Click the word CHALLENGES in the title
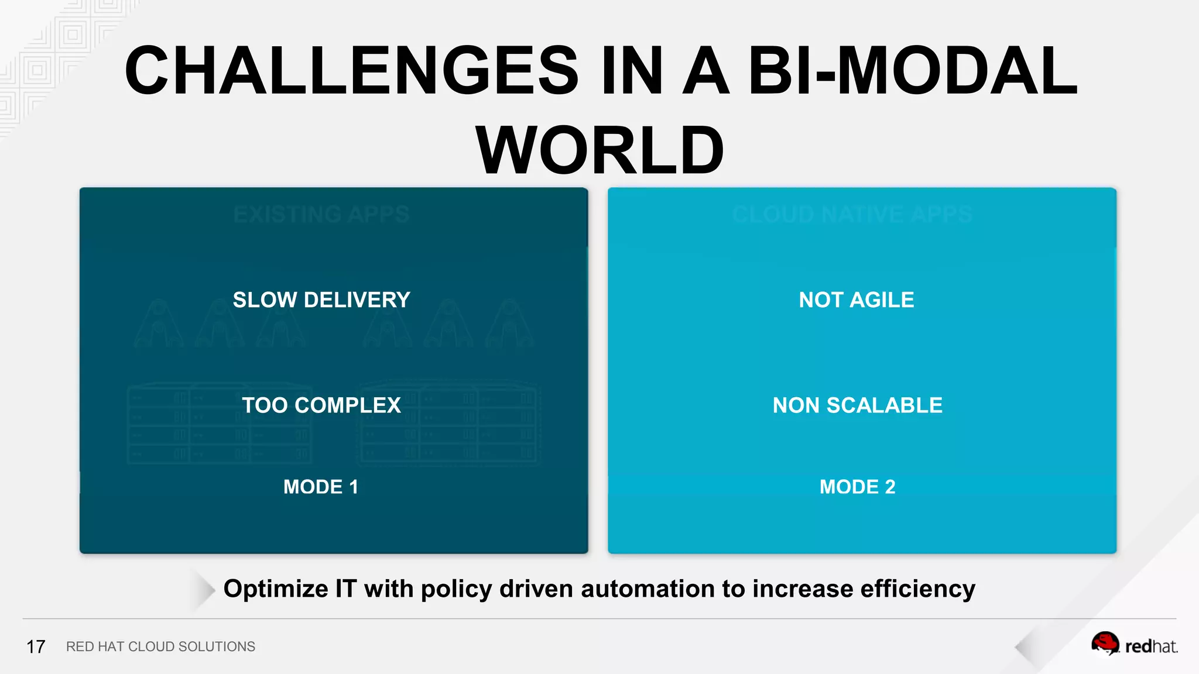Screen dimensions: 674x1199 click(351, 71)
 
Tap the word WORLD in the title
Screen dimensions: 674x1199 click(599, 151)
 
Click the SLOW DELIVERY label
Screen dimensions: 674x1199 click(321, 300)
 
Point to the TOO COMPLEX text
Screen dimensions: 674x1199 click(321, 405)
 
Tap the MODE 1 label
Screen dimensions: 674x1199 click(321, 487)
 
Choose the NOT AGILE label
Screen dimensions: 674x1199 click(857, 300)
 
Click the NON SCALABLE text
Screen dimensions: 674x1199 click(857, 405)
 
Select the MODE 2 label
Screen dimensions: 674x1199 click(857, 487)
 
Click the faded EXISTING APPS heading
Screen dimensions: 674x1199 click(321, 215)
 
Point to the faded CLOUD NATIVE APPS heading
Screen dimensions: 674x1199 click(852, 215)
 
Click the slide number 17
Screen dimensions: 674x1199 click(36, 647)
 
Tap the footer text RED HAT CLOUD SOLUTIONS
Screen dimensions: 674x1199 click(160, 647)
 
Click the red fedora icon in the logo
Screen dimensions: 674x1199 click(1105, 644)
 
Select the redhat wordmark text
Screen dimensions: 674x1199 click(1151, 647)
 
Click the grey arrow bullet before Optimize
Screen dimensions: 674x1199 click(204, 590)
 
